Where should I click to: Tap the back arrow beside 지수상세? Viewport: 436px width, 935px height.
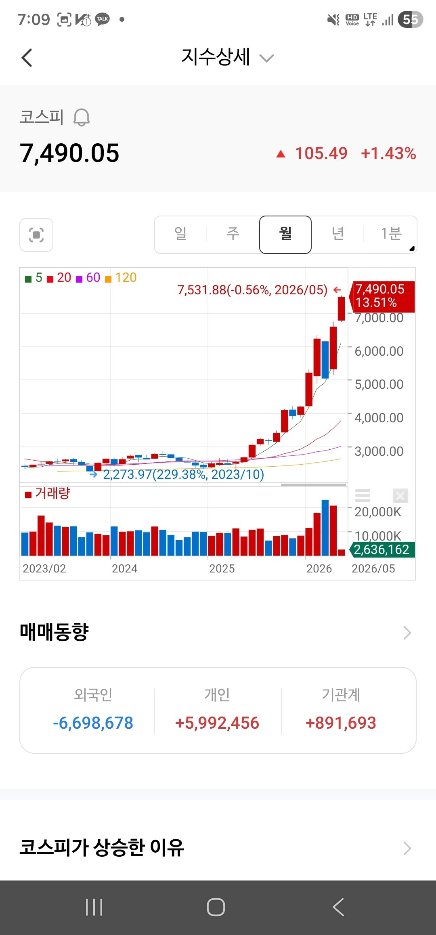click(27, 58)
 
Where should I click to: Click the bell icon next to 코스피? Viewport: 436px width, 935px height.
click(82, 117)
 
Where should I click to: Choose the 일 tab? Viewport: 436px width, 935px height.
click(180, 234)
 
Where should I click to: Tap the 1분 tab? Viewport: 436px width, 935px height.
click(391, 234)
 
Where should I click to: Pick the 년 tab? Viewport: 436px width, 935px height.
click(338, 234)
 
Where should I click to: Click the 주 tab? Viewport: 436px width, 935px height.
click(233, 234)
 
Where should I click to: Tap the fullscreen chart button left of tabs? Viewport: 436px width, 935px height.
click(36, 235)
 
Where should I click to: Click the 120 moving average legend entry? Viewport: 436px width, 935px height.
click(121, 278)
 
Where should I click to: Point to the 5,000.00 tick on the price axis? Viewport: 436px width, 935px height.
click(379, 384)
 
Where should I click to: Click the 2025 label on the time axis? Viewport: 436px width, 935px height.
click(222, 568)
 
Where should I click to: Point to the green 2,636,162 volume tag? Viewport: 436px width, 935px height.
click(381, 549)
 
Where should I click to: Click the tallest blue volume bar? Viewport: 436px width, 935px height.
click(325, 528)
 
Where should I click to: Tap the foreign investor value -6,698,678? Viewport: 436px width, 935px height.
click(93, 723)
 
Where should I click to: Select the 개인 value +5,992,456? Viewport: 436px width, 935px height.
click(217, 723)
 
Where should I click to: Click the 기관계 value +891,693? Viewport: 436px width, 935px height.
click(341, 723)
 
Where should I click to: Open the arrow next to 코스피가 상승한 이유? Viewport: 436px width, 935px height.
click(407, 848)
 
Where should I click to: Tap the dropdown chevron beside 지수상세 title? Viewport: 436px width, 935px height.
click(266, 59)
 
